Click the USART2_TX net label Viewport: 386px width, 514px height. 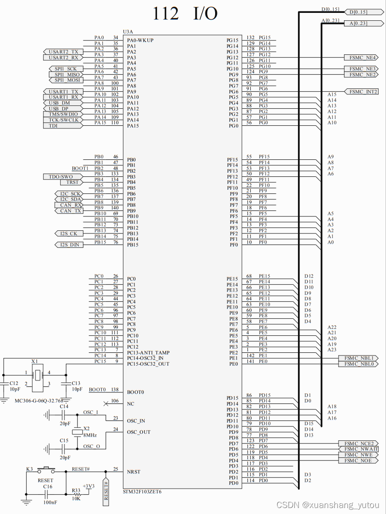tap(64, 52)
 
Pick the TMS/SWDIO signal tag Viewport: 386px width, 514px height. tap(63, 114)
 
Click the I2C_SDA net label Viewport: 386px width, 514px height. tap(70, 199)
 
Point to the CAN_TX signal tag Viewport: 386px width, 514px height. tap(71, 211)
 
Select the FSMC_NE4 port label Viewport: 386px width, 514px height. tap(362, 58)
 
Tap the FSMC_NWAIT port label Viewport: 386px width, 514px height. tap(360, 449)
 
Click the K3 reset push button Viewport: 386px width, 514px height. tap(46, 469)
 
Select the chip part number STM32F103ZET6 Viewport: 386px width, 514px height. tap(142, 491)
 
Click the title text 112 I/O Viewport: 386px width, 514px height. tap(185, 14)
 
